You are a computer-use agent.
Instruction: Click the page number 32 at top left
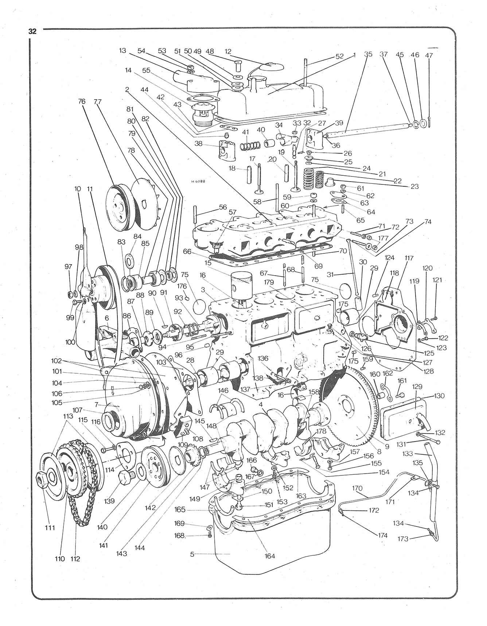[x=32, y=31]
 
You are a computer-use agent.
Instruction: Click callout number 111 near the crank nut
[x=50, y=528]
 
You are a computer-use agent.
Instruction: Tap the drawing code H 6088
[x=197, y=180]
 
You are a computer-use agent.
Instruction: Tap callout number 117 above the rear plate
[x=409, y=258]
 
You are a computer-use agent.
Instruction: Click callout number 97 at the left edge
[x=68, y=267]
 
